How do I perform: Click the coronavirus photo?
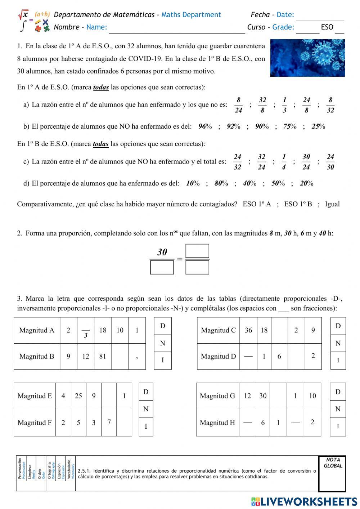[x=307, y=58]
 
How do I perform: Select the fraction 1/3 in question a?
[x=284, y=105]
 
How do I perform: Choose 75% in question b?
[x=289, y=126]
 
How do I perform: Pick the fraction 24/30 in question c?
[x=330, y=162]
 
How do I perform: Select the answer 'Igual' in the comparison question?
[x=332, y=204]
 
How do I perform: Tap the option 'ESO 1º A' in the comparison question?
[x=257, y=204]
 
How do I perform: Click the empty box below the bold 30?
[x=162, y=268]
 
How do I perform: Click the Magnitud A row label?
[x=37, y=330]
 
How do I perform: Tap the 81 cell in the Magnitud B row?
[x=103, y=356]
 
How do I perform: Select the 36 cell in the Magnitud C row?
[x=248, y=330]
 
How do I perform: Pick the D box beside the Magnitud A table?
[x=162, y=326]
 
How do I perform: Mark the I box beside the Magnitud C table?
[x=338, y=360]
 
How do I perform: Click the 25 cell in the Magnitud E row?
[x=78, y=396]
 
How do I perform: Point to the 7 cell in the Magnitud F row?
[x=109, y=422]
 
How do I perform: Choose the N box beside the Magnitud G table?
[x=338, y=409]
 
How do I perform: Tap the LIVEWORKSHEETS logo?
[x=304, y=501]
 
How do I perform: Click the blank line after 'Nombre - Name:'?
[x=176, y=28]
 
